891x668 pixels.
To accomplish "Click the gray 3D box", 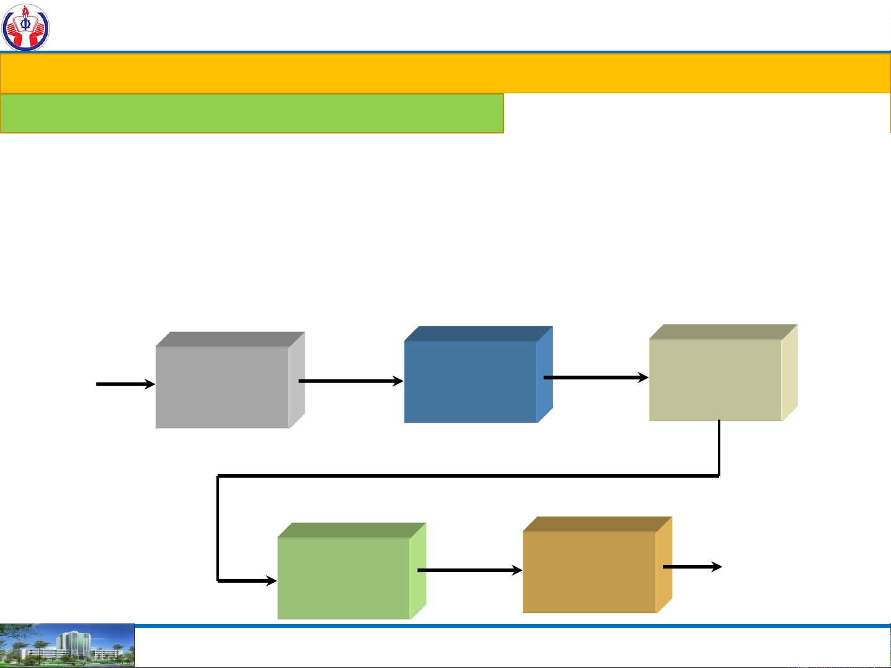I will point(223,386).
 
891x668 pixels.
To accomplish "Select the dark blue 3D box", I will point(471,381).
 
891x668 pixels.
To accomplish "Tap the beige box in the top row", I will point(715,379).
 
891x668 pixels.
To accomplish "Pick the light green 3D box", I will point(344,577).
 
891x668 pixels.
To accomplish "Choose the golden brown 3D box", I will point(589,571).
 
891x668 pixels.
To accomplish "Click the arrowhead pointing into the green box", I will point(270,581).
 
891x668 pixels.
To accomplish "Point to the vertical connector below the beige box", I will point(719,448).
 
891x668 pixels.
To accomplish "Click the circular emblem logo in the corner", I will point(25,27).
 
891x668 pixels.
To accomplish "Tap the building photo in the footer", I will point(67,646).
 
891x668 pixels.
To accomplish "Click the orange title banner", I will point(445,74).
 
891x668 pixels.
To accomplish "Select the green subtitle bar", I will point(252,113).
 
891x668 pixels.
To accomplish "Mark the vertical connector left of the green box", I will point(218,528).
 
